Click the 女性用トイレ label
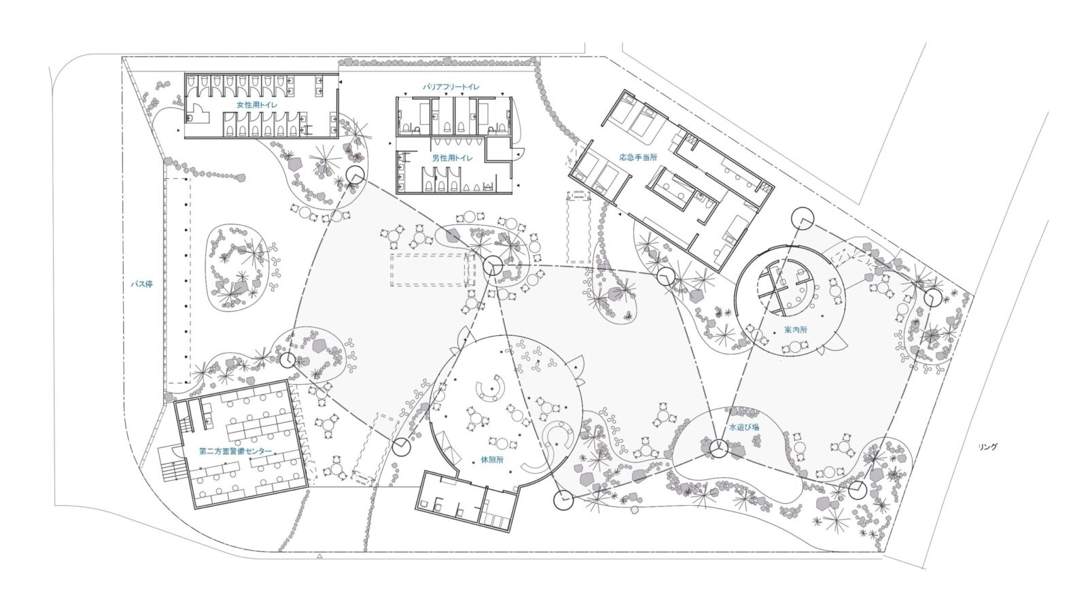click(257, 105)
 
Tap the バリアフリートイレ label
click(451, 87)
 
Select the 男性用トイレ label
click(452, 158)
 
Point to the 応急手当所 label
click(639, 157)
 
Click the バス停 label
click(142, 284)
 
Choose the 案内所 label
click(796, 330)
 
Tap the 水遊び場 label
click(744, 428)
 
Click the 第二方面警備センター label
click(235, 451)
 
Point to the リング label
click(988, 447)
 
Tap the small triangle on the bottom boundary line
click(319, 556)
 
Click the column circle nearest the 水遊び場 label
click(718, 448)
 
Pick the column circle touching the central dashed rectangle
click(492, 266)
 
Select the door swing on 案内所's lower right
click(835, 341)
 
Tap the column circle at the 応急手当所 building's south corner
click(666, 276)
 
